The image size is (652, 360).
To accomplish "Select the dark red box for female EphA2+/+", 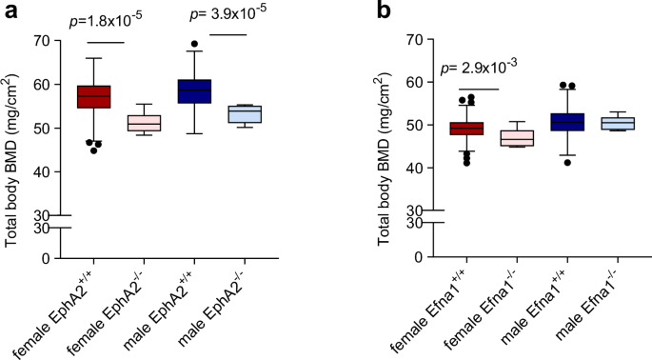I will tap(93, 96).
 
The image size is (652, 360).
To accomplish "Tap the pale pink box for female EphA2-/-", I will tap(144, 124).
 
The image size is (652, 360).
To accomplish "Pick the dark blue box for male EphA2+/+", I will tap(195, 90).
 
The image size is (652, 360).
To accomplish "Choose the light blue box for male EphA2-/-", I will tap(246, 113).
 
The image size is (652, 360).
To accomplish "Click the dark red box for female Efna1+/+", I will tap(466, 129).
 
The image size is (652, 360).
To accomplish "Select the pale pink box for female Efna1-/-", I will tap(518, 138).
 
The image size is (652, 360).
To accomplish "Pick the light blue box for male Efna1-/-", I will tap(619, 123).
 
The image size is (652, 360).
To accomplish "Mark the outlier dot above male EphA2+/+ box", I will tap(195, 44).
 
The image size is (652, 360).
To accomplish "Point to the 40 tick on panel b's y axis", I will tap(413, 169).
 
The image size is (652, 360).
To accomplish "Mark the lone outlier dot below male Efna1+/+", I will tap(568, 163).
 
